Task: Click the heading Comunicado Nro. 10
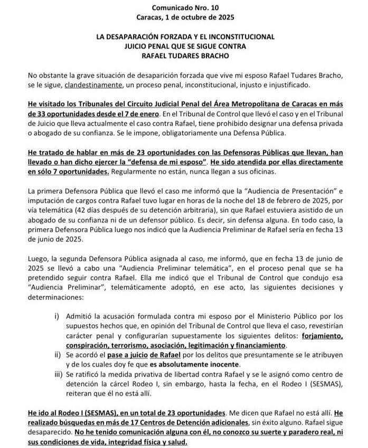pyautogui.click(x=184, y=8)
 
